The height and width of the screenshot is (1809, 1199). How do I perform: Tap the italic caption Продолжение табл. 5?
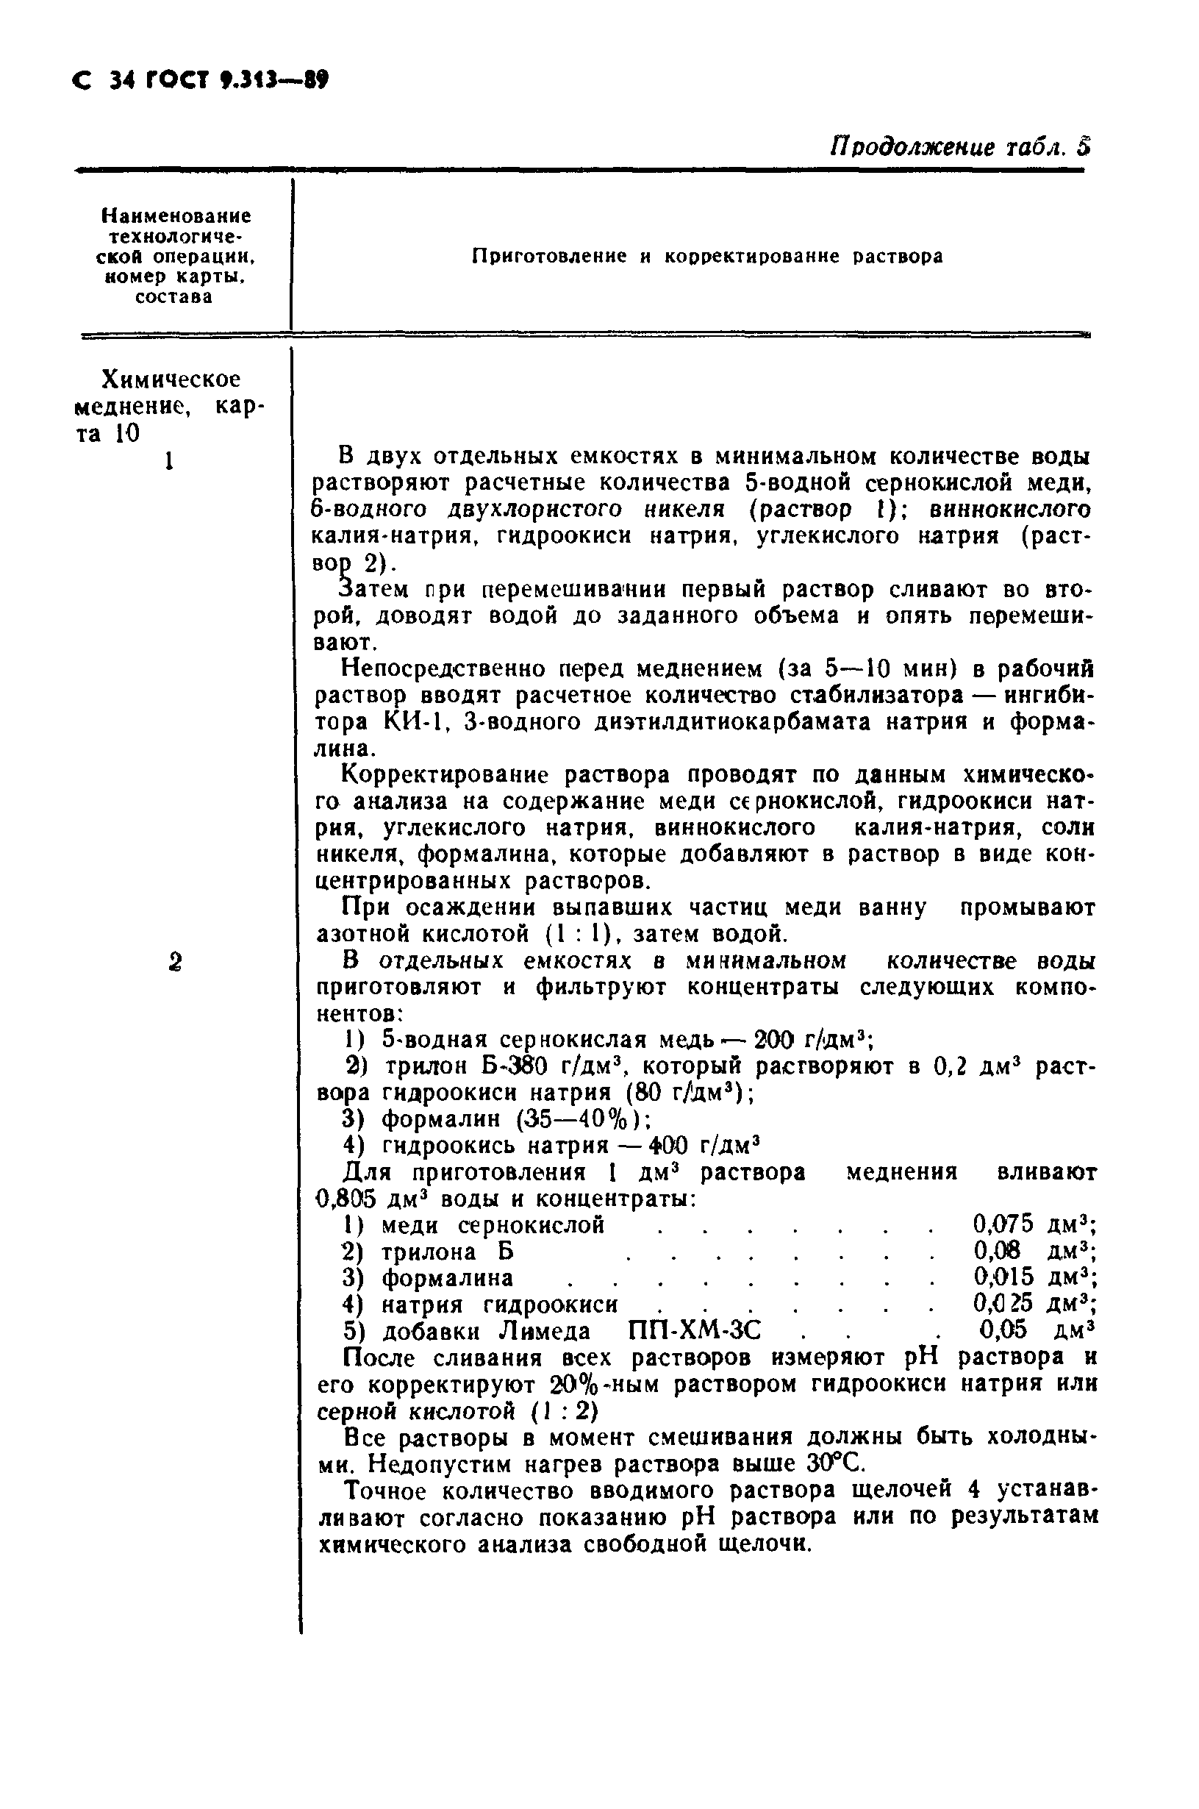959,146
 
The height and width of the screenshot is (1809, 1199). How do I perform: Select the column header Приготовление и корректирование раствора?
707,256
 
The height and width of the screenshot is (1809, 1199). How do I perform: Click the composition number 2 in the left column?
175,963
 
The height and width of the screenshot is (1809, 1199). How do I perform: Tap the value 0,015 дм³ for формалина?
1034,1277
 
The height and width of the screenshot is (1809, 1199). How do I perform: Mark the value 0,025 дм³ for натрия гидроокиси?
1034,1302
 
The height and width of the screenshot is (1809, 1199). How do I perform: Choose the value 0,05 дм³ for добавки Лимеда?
1036,1330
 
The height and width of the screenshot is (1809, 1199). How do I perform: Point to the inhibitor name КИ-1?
411,721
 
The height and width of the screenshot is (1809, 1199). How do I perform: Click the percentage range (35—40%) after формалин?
584,1119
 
